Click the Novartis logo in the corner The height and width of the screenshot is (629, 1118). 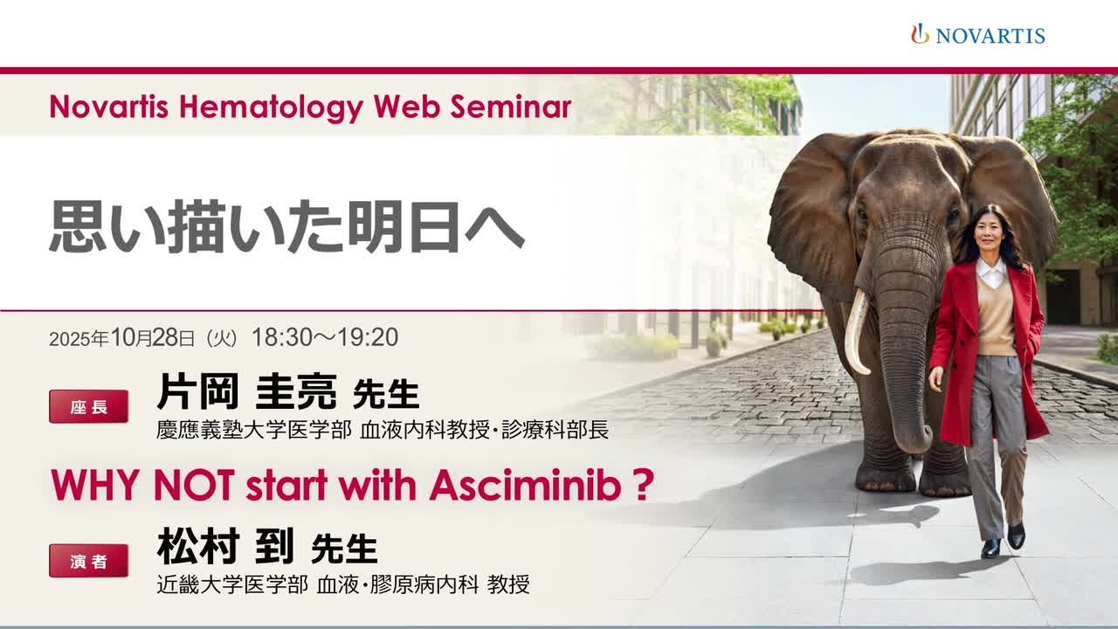pos(977,34)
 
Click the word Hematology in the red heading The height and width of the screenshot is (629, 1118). pos(271,107)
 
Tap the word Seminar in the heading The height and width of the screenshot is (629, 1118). pos(511,107)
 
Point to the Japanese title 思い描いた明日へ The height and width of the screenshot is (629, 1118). pos(286,227)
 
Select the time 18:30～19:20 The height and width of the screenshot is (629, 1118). pos(325,337)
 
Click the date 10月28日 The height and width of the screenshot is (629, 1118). pos(152,338)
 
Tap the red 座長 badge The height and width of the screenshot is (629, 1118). pos(88,407)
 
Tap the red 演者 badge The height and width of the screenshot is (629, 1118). pos(88,561)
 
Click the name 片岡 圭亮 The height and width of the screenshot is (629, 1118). pos(247,392)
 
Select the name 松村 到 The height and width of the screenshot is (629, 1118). pos(225,546)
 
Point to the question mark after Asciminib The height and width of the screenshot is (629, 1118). pos(644,485)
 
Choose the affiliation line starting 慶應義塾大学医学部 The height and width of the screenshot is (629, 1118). pos(383,430)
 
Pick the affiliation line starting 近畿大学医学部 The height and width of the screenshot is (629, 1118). pos(343,584)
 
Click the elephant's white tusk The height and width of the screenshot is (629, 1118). pos(857,333)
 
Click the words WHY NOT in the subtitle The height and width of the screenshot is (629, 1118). pos(142,485)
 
